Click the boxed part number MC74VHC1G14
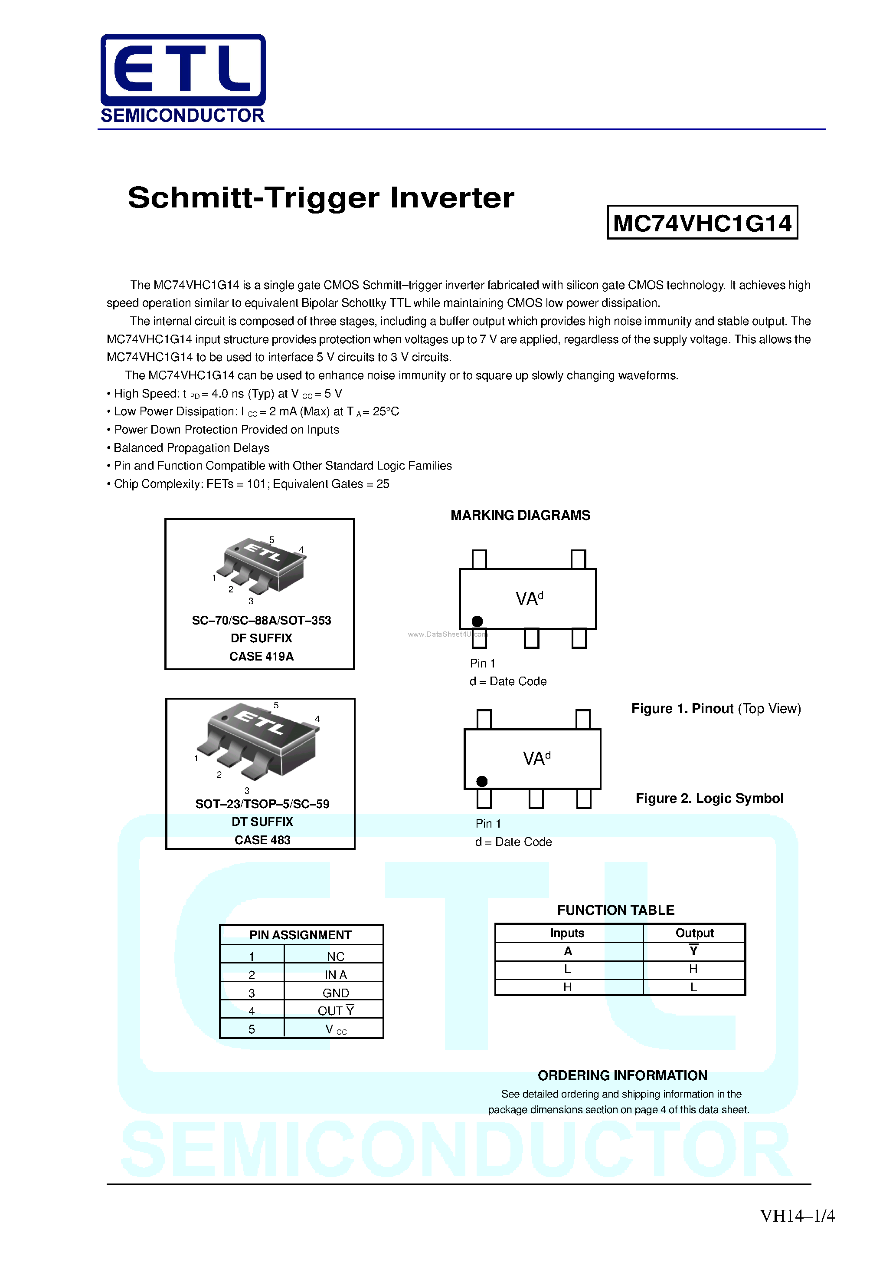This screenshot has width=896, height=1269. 702,223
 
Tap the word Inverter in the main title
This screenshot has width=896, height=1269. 452,198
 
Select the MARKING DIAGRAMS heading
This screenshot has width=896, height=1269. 520,515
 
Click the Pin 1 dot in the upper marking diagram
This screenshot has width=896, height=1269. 477,621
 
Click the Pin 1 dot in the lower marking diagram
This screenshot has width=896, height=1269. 482,781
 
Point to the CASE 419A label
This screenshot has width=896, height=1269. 261,656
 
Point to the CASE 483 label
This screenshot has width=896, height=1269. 262,839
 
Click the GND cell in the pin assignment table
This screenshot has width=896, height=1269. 335,993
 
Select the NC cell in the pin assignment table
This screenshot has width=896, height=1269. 335,956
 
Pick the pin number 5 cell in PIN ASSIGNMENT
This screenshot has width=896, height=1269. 252,1029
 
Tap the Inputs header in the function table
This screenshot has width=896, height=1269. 567,933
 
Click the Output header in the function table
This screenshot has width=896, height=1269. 694,933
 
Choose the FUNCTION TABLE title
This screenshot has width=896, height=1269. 615,910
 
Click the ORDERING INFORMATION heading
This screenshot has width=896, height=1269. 622,1075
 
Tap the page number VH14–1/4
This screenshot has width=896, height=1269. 797,1215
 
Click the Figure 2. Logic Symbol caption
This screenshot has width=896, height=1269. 709,798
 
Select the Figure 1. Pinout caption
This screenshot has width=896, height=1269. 716,709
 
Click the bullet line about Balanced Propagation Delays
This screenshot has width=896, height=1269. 191,448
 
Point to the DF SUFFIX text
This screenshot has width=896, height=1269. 261,638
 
